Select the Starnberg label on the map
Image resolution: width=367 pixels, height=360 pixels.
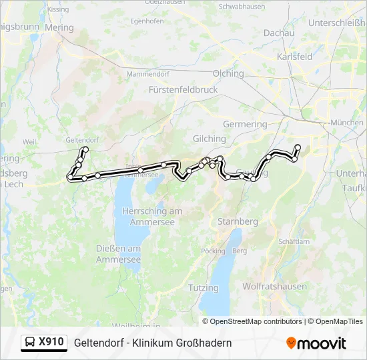click(x=238, y=221)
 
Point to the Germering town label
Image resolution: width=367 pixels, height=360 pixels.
click(x=244, y=124)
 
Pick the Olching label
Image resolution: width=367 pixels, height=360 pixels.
click(x=228, y=73)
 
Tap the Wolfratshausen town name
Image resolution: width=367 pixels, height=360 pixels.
click(x=274, y=287)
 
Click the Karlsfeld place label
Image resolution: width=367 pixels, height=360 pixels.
click(x=294, y=57)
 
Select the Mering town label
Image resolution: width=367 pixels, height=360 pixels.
click(x=59, y=27)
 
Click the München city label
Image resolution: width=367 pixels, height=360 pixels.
click(x=347, y=123)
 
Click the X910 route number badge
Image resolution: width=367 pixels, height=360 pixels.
click(x=51, y=342)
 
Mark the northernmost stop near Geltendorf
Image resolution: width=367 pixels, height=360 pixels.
click(x=85, y=149)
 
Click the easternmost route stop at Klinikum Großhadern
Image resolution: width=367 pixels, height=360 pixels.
click(x=298, y=147)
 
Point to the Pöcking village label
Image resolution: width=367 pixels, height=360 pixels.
click(x=213, y=251)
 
